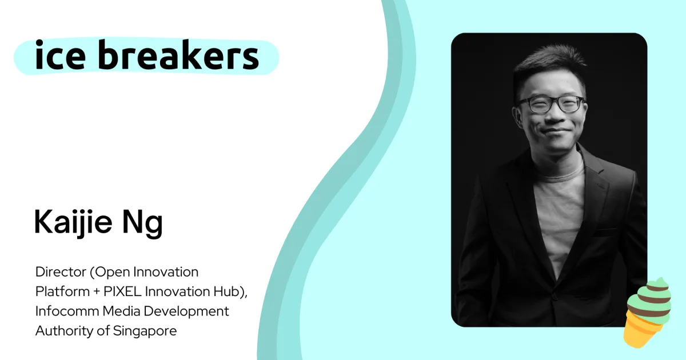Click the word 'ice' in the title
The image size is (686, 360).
61,54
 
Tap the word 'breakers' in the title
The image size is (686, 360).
178,54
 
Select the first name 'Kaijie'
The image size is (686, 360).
73,222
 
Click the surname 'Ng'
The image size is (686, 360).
142,223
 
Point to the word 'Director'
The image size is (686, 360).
61,272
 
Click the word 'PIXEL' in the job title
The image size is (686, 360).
122,291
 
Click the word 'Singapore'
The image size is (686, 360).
145,331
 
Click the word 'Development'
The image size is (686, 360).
186,311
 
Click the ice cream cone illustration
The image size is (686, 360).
647,312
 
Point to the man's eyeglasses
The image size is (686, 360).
551,105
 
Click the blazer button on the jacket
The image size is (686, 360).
555,296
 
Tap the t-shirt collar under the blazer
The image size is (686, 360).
560,174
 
